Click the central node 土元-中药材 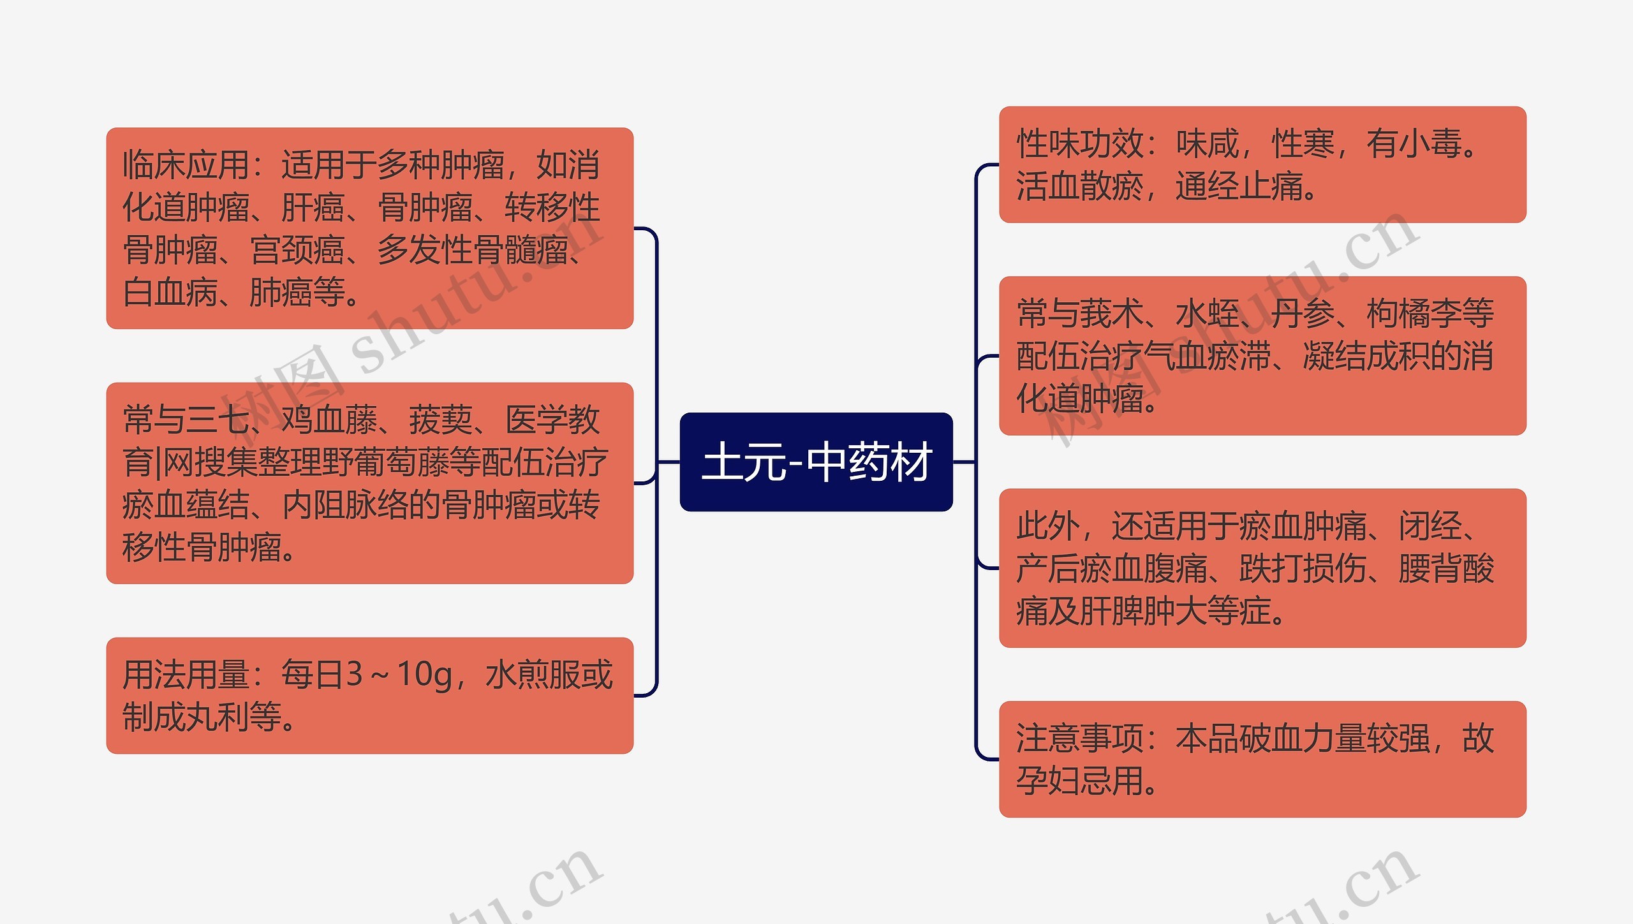[816, 462]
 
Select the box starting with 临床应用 [369, 228]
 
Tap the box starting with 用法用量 [369, 695]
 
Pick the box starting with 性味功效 [1262, 165]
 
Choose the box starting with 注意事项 [1262, 759]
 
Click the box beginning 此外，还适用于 [1262, 568]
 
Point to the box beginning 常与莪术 [1262, 355]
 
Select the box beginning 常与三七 [369, 483]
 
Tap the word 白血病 [170, 293]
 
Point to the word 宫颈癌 [297, 250]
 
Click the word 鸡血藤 [329, 420]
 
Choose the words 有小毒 [1414, 144]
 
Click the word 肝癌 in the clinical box [313, 208]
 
